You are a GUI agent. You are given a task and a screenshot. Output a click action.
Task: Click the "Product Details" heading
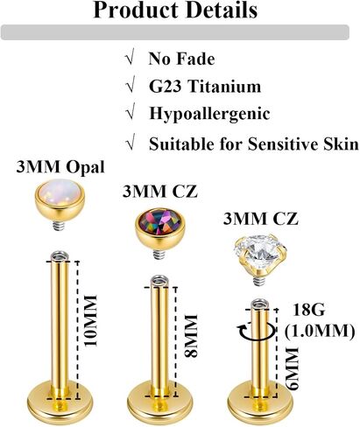tap(175, 10)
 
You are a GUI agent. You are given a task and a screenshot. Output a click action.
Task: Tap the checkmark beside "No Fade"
tap(130, 59)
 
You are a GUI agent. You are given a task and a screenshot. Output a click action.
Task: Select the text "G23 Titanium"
tap(205, 87)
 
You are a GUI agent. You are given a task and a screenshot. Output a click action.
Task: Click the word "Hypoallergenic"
tap(209, 114)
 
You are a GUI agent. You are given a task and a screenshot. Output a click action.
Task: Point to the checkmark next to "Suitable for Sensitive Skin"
tap(131, 143)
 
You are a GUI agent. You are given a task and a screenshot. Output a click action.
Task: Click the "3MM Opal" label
tap(60, 167)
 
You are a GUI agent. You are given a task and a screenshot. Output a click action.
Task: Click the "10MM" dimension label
tap(90, 320)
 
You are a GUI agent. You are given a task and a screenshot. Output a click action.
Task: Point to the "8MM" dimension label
tap(191, 335)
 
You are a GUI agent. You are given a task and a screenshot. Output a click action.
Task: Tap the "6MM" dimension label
tap(293, 368)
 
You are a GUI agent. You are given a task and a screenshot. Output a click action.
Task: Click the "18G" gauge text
tap(308, 310)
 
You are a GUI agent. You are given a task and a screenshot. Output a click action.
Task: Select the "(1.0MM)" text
tap(320, 331)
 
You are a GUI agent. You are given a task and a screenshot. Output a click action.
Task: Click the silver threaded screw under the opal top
tap(60, 225)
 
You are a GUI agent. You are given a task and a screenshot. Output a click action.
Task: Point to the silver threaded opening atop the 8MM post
tap(159, 281)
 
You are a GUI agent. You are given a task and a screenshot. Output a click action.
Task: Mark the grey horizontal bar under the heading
tap(175, 32)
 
